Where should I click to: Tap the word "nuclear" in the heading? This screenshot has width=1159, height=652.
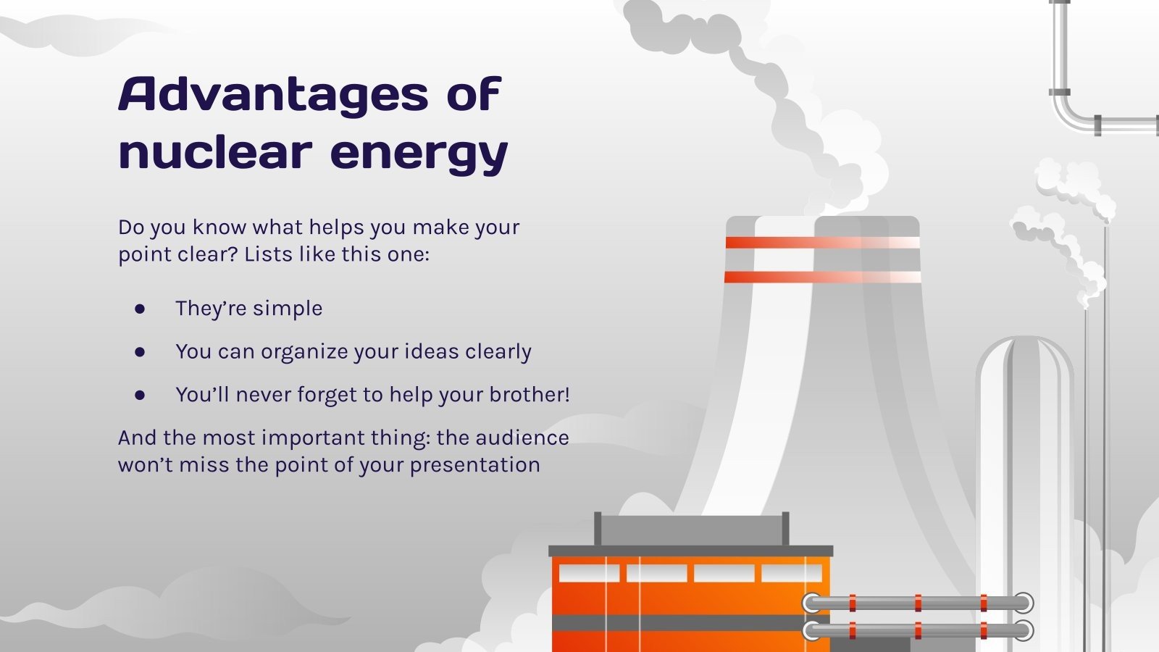click(x=215, y=152)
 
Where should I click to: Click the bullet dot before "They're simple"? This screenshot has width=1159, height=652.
click(x=140, y=309)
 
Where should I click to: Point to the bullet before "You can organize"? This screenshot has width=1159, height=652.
click(x=140, y=352)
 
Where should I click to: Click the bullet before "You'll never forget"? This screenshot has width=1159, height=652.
click(x=140, y=395)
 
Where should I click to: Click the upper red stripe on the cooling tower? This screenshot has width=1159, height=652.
click(x=822, y=243)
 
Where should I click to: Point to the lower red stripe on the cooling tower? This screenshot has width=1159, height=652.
click(x=822, y=277)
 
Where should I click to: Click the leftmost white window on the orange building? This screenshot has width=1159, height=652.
click(x=589, y=574)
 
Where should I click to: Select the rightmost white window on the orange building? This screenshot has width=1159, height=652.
click(x=791, y=574)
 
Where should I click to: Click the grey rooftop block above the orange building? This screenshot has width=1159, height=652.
click(x=691, y=530)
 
